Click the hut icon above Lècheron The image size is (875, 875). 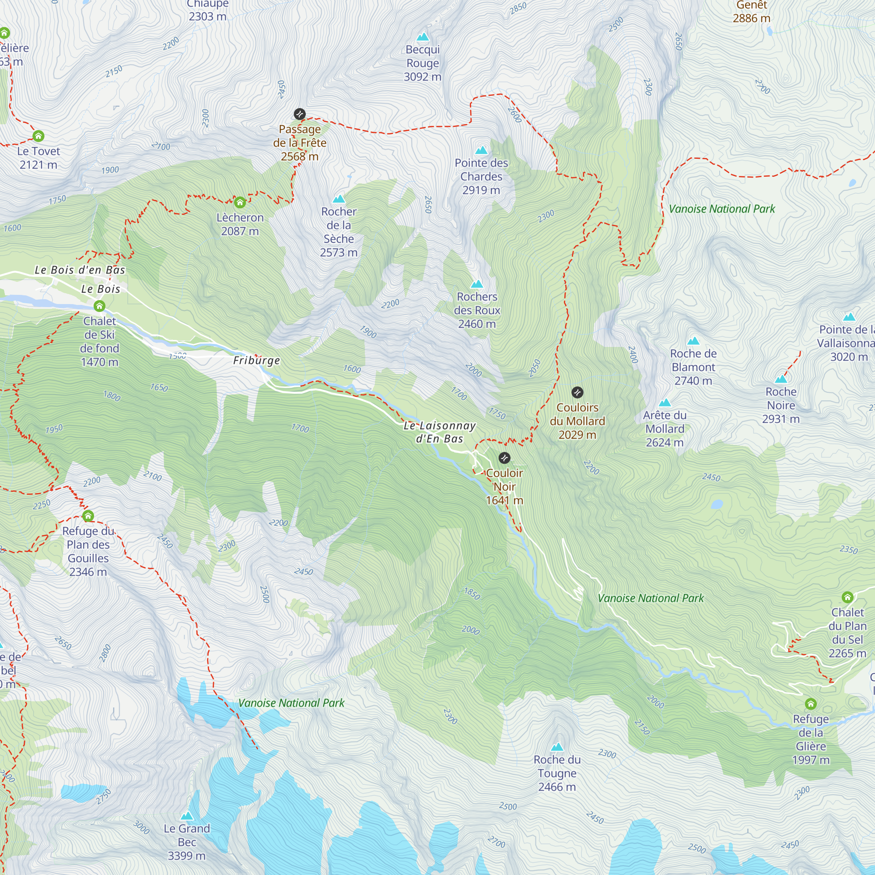pyautogui.click(x=240, y=202)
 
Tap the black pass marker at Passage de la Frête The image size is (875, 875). pyautogui.click(x=299, y=114)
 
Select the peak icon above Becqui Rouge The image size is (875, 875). pyautogui.click(x=423, y=36)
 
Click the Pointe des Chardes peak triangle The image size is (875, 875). pyautogui.click(x=481, y=150)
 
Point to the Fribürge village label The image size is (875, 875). pyautogui.click(x=256, y=360)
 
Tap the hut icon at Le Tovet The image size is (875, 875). pyautogui.click(x=38, y=136)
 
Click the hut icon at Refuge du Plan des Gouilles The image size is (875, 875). pyautogui.click(x=88, y=516)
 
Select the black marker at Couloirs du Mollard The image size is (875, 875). pyautogui.click(x=577, y=392)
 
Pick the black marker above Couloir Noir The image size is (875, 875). pyautogui.click(x=504, y=458)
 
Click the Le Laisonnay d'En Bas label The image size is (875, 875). pyautogui.click(x=439, y=432)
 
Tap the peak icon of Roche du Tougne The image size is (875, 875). pyautogui.click(x=557, y=747)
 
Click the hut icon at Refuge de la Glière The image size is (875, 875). pyautogui.click(x=811, y=704)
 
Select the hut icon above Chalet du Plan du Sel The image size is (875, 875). pyautogui.click(x=847, y=597)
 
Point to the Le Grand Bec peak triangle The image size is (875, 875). pyautogui.click(x=187, y=815)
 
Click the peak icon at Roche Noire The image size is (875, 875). pyautogui.click(x=781, y=378)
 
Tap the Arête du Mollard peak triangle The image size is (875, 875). pyautogui.click(x=665, y=402)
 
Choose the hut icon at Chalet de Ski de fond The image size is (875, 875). pyautogui.click(x=100, y=306)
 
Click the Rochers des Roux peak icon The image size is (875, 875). pyautogui.click(x=477, y=284)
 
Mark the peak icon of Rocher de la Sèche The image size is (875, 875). pyautogui.click(x=339, y=199)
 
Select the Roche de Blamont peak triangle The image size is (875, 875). pyautogui.click(x=693, y=340)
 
